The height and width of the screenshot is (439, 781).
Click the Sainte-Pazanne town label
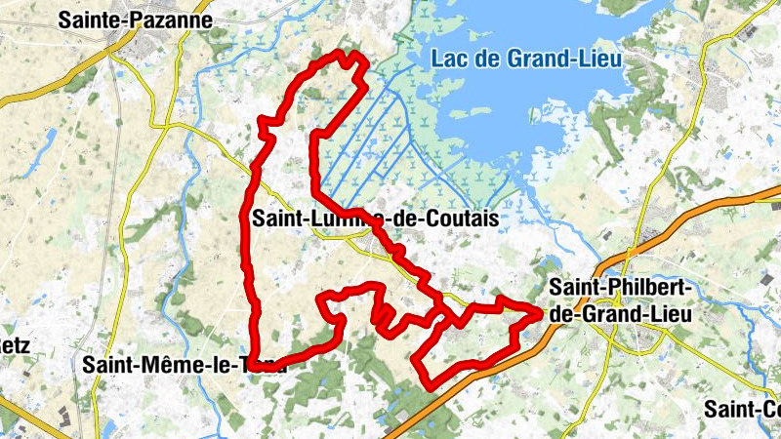135,19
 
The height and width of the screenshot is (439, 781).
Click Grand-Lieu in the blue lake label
565,59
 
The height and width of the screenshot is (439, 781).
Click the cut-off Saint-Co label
742,408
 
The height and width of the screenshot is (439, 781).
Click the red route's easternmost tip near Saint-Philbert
538,312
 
